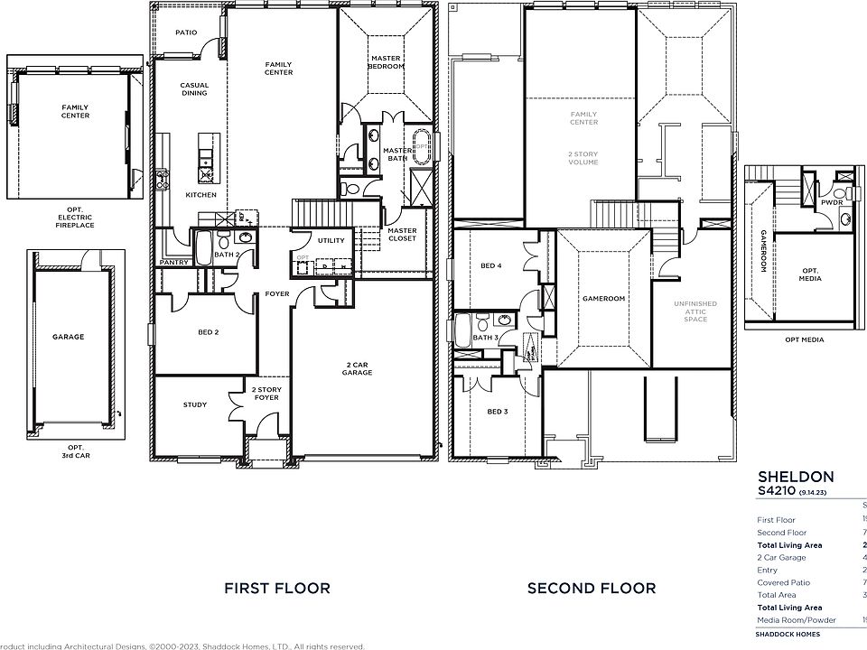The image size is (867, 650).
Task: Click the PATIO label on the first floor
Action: [x=186, y=32]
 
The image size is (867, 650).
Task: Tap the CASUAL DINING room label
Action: [x=194, y=89]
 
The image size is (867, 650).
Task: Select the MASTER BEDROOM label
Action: [x=387, y=63]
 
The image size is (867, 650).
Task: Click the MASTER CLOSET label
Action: [x=402, y=234]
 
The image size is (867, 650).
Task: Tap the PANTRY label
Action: [x=172, y=262]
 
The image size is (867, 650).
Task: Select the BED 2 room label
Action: [x=209, y=332]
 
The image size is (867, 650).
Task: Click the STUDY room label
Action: [x=194, y=404]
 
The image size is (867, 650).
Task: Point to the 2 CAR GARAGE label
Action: [x=358, y=367]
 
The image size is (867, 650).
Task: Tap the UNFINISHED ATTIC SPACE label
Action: [x=695, y=312]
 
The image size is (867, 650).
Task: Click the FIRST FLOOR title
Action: [x=276, y=589]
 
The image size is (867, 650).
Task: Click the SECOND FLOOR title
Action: [x=592, y=589]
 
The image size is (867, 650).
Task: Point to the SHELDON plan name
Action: [x=783, y=476]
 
